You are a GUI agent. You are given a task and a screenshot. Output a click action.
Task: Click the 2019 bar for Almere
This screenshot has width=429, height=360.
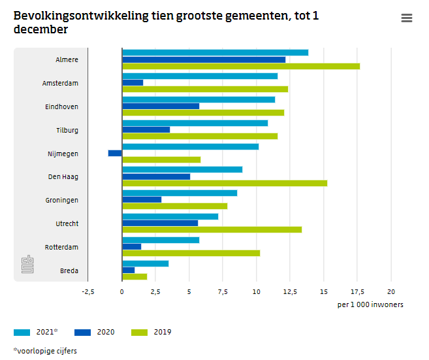240,66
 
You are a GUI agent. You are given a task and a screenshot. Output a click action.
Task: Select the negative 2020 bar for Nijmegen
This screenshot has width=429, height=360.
115,153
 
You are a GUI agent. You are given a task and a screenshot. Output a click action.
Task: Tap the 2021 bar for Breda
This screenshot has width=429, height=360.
145,263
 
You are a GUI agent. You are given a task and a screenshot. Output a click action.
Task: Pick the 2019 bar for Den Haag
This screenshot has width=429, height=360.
224,183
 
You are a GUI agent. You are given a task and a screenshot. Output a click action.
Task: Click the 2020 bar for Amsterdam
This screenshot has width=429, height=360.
133,83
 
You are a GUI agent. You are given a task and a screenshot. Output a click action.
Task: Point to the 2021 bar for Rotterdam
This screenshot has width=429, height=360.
161,240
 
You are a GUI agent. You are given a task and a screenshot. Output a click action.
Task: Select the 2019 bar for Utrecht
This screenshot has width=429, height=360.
212,229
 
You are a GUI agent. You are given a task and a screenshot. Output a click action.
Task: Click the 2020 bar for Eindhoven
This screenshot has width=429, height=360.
161,106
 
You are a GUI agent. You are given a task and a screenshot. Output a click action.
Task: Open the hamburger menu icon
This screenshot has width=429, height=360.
407,18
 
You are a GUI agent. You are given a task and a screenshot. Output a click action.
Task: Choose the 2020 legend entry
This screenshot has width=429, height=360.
95,332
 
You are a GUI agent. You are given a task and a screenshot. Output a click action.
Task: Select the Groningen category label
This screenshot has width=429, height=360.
61,200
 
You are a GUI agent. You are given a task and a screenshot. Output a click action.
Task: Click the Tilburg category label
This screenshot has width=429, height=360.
67,130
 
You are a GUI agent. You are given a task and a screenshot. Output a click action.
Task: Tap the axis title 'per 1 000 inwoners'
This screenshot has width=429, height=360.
370,305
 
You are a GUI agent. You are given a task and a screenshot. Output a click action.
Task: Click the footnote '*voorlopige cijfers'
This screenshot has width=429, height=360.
44,351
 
